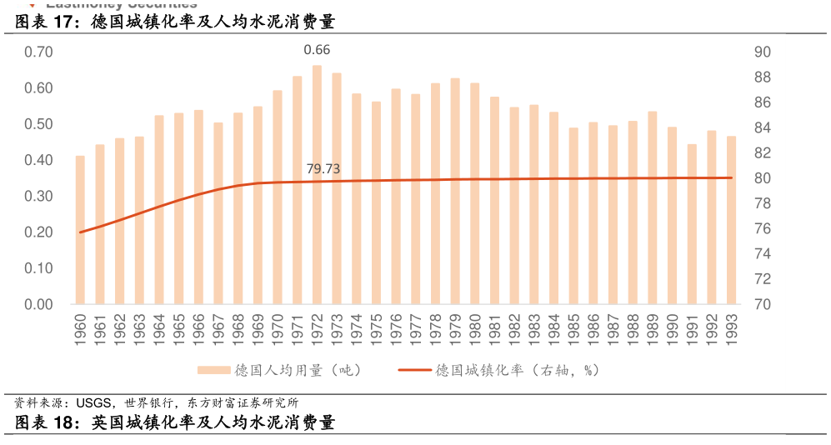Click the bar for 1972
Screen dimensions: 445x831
pyautogui.click(x=317, y=185)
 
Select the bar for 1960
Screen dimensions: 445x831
pyautogui.click(x=80, y=230)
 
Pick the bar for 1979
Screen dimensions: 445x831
pyautogui.click(x=455, y=192)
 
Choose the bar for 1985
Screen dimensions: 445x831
pyautogui.click(x=573, y=216)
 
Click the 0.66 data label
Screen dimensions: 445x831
pyautogui.click(x=317, y=50)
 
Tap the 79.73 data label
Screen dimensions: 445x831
pyautogui.click(x=323, y=169)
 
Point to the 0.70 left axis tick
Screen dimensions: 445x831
pyautogui.click(x=38, y=52)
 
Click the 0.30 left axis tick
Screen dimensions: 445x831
pyautogui.click(x=38, y=196)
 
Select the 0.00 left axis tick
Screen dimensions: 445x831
pyautogui.click(x=38, y=304)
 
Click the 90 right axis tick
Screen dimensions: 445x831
pyautogui.click(x=763, y=52)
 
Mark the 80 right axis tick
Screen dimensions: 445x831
pyautogui.click(x=763, y=178)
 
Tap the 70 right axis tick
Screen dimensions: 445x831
pyautogui.click(x=763, y=304)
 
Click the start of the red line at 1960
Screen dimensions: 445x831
pyautogui.click(x=80, y=232)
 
